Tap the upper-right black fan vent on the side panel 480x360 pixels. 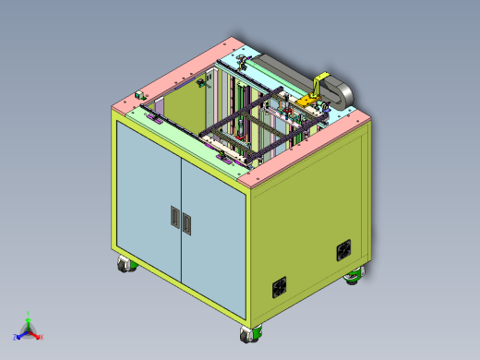(342, 249)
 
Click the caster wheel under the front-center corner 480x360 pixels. (247, 335)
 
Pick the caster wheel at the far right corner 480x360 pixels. (354, 276)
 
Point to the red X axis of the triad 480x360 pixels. (38, 336)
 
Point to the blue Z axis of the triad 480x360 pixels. (19, 336)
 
